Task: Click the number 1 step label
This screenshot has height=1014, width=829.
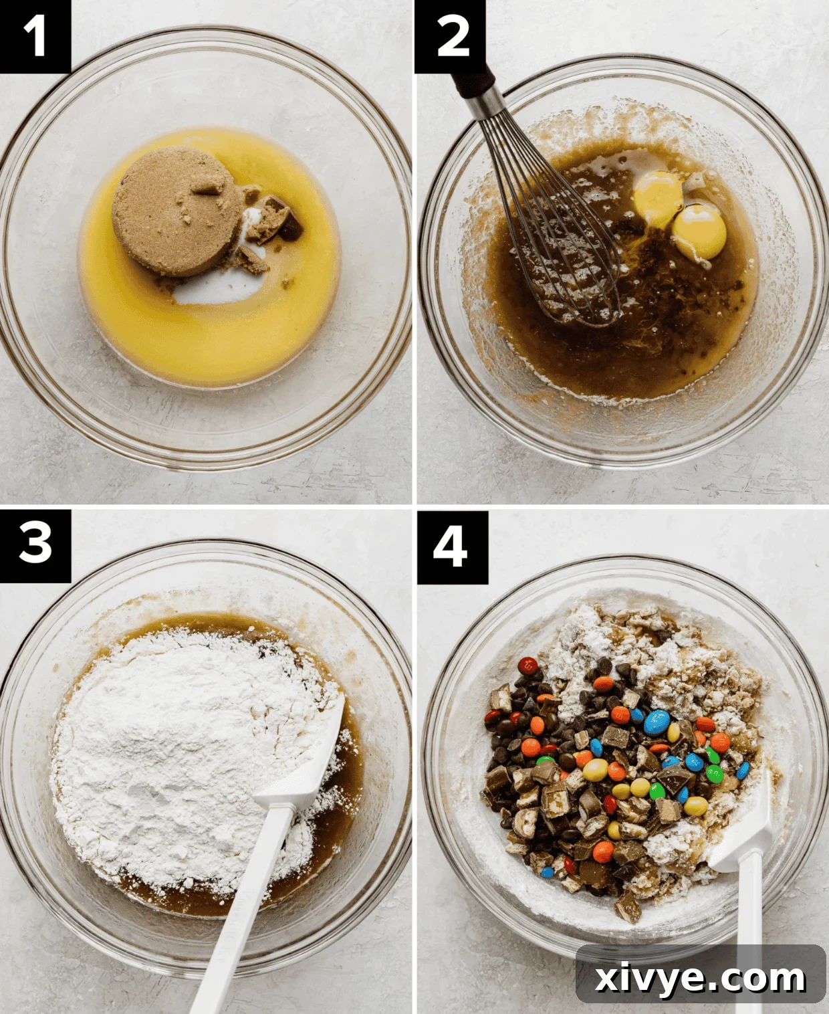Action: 35,36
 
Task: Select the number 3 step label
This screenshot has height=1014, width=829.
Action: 35,543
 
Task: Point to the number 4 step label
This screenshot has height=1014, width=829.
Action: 451,546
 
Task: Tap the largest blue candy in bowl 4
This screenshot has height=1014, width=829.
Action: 657,722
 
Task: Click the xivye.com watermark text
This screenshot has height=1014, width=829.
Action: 700,979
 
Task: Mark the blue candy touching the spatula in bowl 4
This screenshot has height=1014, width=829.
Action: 743,771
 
